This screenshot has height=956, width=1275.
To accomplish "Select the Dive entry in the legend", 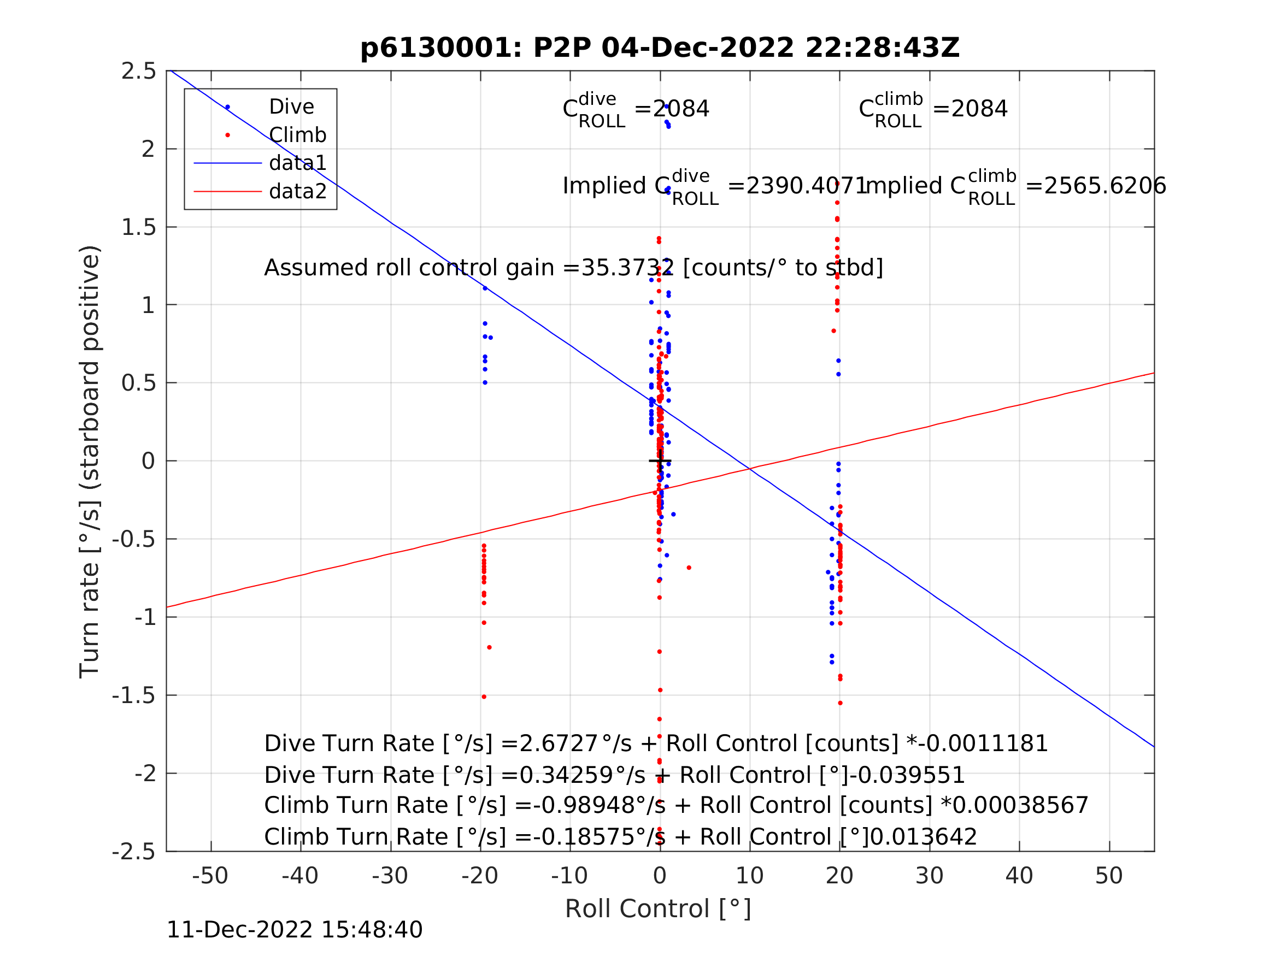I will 291,107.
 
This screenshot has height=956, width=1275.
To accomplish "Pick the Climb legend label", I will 297,135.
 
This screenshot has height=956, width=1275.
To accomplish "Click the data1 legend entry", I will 297,163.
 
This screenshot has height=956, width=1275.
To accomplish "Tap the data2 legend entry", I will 297,191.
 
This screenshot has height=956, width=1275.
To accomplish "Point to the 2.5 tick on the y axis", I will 138,71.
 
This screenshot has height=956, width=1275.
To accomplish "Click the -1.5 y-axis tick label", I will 134,695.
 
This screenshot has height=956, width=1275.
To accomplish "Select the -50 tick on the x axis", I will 210,876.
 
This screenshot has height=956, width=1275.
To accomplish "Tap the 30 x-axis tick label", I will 929,876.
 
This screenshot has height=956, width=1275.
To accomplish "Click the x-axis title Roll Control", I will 657,909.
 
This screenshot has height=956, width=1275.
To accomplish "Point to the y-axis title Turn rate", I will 90,461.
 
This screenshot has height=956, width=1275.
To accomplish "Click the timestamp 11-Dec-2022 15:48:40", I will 294,929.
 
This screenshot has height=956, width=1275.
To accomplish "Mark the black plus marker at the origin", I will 660,461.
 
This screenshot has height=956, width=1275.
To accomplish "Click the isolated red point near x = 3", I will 689,568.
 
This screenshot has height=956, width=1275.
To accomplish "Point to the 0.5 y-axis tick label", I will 138,382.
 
